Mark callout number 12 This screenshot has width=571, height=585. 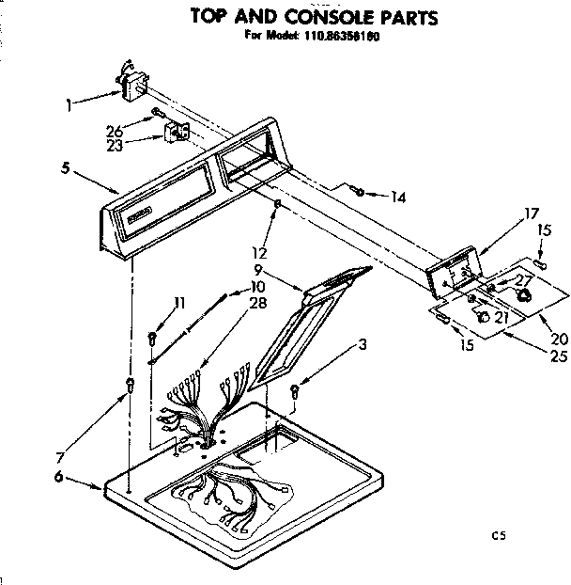[x=260, y=251]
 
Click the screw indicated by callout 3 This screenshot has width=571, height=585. [x=295, y=390]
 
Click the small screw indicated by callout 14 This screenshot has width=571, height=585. [x=361, y=192]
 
